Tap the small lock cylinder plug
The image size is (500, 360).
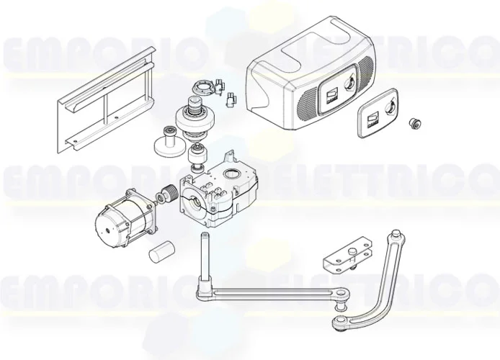(415, 123)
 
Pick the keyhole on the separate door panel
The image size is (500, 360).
(390, 109)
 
